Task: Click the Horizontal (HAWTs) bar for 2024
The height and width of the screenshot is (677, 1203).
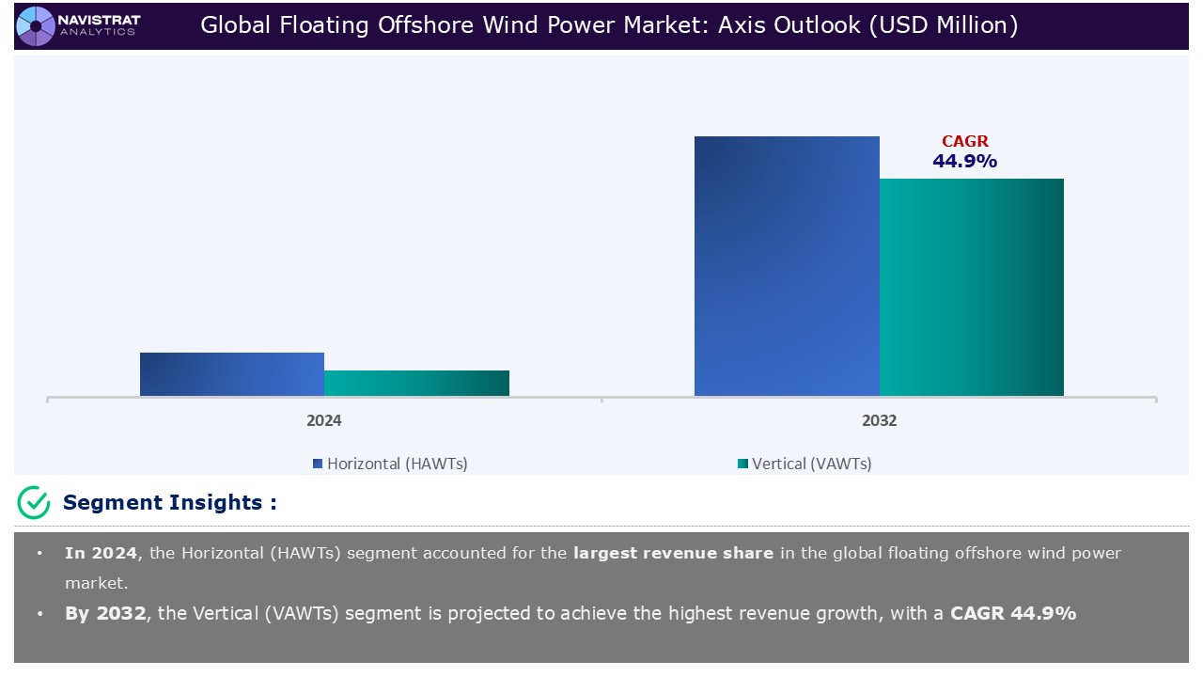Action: [232, 374]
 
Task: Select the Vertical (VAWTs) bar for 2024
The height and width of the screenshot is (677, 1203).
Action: [416, 383]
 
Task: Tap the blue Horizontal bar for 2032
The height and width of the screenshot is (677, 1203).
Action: [787, 266]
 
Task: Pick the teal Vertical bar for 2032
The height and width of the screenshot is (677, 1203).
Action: [971, 287]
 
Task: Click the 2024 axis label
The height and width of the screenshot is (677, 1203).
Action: [324, 420]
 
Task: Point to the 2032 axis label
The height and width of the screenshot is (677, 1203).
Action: [879, 420]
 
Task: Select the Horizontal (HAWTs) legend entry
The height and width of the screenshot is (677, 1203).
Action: [390, 464]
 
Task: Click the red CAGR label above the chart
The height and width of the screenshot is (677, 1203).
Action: [965, 142]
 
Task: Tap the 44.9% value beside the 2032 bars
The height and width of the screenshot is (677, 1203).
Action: [964, 162]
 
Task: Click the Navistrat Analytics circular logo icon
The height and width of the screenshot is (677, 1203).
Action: [36, 25]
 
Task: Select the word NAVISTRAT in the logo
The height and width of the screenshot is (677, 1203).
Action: [99, 19]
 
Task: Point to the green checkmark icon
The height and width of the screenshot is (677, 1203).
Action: [34, 503]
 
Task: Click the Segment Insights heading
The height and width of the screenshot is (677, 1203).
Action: [169, 503]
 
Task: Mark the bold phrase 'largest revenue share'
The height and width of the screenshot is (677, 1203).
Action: [673, 553]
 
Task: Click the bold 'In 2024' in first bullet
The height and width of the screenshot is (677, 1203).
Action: [101, 553]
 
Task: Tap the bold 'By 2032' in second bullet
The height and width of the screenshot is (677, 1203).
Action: [105, 613]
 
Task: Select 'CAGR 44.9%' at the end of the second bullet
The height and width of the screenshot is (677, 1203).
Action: [1013, 613]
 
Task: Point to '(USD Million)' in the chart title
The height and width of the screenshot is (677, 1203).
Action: [943, 25]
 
